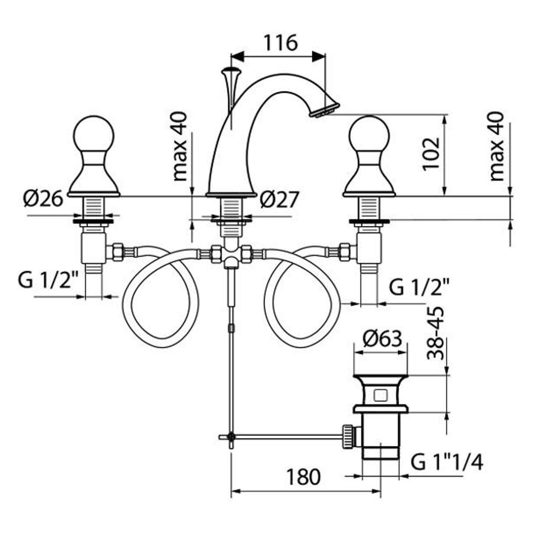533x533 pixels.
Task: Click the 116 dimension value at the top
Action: click(x=281, y=43)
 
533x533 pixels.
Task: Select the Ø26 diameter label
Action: click(x=43, y=198)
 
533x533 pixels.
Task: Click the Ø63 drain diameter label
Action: click(x=383, y=339)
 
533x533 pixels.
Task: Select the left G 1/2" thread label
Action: click(x=48, y=280)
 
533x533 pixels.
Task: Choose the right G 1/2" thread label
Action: click(x=419, y=287)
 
